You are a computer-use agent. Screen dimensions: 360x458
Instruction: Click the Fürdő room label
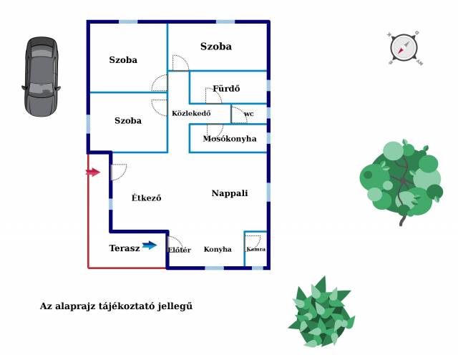226,89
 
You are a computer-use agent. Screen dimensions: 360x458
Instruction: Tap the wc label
249,114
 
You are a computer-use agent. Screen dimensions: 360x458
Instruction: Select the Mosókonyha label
230,139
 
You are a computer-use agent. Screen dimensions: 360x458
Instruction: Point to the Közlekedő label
191,113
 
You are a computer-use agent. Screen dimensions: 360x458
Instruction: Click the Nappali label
230,193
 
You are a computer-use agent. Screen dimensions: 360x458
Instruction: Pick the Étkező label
147,198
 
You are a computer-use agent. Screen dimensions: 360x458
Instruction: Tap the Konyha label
218,250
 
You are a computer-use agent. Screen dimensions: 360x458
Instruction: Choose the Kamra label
255,249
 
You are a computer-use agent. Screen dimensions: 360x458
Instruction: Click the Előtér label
179,250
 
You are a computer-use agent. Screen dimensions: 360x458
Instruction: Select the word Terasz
125,248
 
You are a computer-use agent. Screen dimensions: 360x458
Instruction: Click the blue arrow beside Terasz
150,245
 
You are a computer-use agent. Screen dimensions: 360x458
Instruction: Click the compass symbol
404,49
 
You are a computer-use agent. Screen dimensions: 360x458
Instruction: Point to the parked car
40,76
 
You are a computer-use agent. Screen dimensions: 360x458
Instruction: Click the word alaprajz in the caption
78,306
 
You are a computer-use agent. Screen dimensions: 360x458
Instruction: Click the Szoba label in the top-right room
216,47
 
